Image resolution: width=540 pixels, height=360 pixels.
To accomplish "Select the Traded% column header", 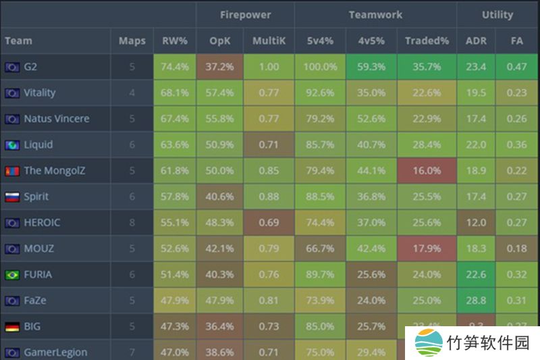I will [x=427, y=41].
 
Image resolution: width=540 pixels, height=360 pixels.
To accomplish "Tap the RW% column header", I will [x=175, y=41].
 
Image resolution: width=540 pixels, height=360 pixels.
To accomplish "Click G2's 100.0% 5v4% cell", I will [x=321, y=67].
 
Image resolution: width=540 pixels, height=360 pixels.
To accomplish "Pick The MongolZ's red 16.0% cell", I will [x=427, y=171].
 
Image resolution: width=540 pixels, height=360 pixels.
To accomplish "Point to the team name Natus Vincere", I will [x=57, y=119].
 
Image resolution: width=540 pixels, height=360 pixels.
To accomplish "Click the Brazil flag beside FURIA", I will [x=11, y=275].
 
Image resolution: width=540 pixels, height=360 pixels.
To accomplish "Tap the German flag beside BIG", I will [x=11, y=327].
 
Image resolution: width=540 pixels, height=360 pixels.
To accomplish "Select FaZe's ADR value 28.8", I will [x=476, y=301].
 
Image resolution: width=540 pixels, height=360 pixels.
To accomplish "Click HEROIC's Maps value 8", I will [x=132, y=223].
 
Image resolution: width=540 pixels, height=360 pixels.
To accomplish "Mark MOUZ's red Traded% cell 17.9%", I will [x=427, y=249].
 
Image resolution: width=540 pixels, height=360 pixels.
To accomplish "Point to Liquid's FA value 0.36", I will [x=517, y=145].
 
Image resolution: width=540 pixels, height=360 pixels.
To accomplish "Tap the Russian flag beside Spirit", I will [x=11, y=197].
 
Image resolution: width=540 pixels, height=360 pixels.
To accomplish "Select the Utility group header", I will [x=497, y=14].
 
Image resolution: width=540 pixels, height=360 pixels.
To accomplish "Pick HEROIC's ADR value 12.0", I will [x=476, y=223].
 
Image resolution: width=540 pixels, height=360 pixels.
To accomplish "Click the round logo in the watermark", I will [x=429, y=344].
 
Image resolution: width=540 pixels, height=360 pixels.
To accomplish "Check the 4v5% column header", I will [x=372, y=41].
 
